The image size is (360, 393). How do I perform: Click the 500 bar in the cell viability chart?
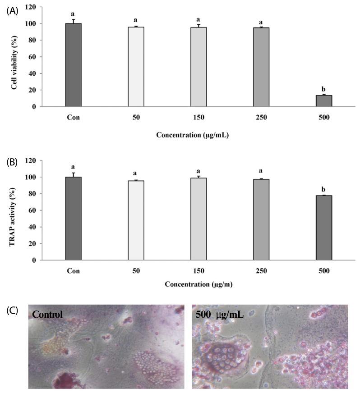coord(323,101)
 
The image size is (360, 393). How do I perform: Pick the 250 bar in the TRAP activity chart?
coord(261,219)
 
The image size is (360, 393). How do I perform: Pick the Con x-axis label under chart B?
coord(74,271)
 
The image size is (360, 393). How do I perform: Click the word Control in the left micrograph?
coord(47,314)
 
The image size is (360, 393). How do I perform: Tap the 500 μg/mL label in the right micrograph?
coord(218,314)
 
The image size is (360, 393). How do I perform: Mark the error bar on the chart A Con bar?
coord(74,21)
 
